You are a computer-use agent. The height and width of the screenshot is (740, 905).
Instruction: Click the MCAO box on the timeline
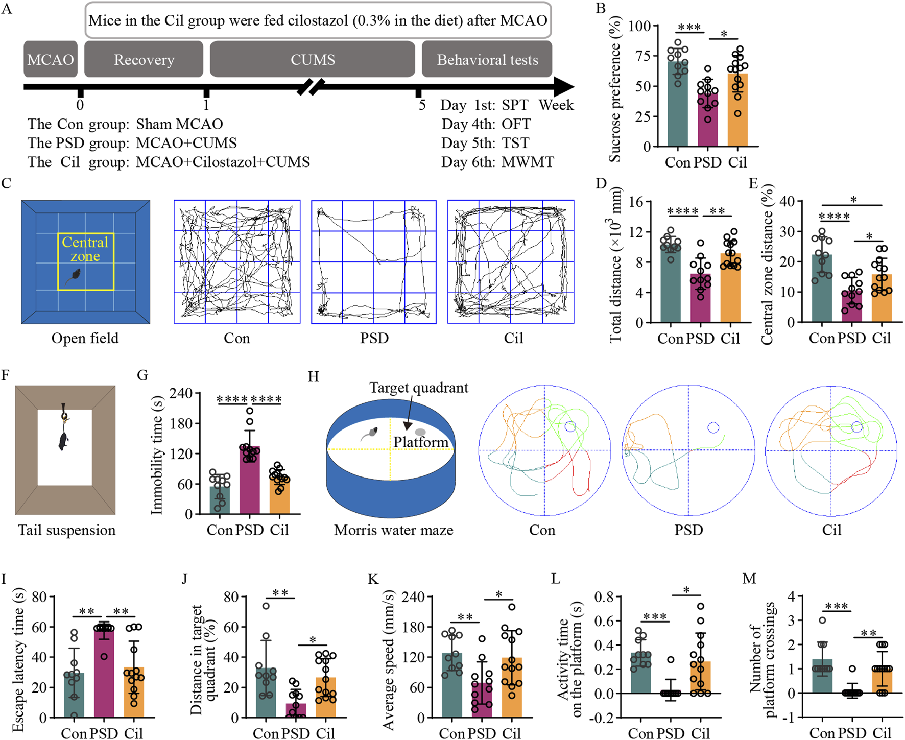[x=51, y=60]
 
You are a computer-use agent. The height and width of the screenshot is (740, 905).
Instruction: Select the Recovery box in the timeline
[x=144, y=60]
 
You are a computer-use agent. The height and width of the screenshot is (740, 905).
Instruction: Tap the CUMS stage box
[x=312, y=60]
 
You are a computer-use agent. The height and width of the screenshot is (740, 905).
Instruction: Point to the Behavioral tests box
[x=487, y=60]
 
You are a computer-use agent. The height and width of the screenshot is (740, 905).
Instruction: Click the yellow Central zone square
[x=85, y=262]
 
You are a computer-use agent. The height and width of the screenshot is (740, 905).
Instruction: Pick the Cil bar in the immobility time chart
[x=279, y=495]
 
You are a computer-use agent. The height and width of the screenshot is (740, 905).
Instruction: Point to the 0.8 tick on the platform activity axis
[x=606, y=596]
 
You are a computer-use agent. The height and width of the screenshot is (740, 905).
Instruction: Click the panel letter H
[x=313, y=377]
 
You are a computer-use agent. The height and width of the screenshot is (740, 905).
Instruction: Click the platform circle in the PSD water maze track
[x=713, y=427]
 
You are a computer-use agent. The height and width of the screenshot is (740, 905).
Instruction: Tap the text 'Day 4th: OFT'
[x=486, y=124]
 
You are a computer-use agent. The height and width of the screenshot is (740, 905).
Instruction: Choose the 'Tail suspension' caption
[x=67, y=530]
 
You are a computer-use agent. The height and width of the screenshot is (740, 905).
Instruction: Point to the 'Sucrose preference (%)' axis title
[x=616, y=89]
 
